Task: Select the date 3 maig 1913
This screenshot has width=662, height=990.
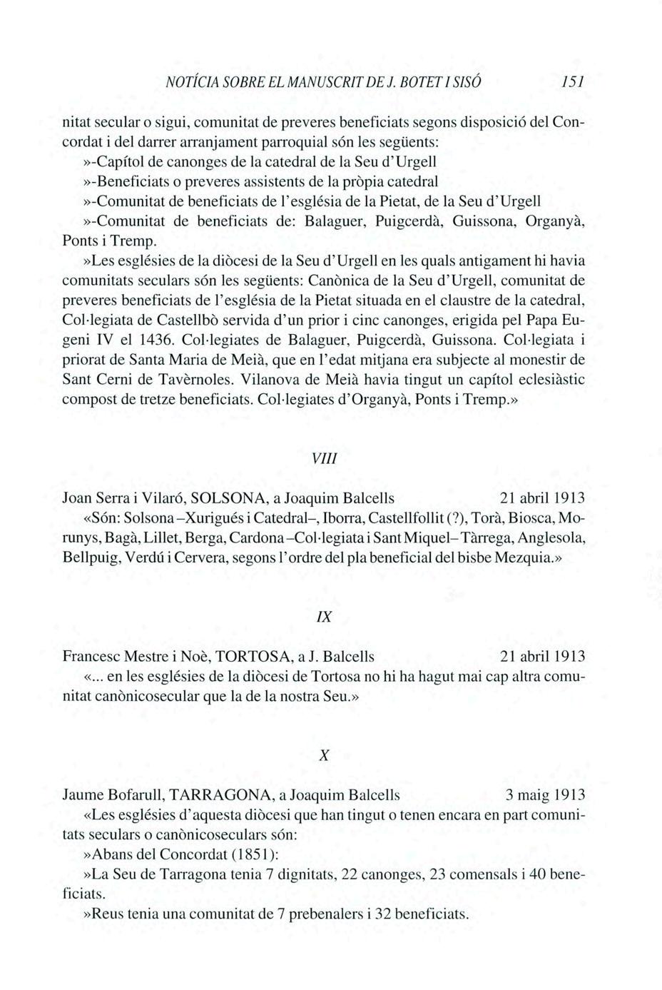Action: click(x=545, y=794)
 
